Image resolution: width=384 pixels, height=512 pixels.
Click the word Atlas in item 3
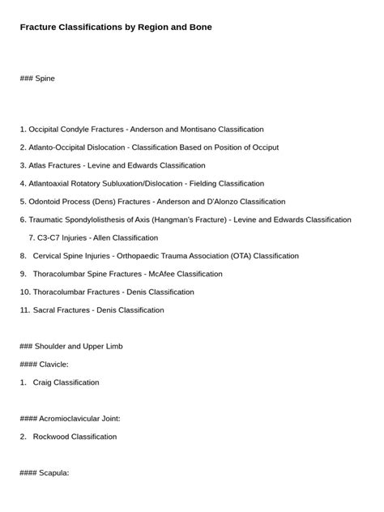tap(38, 165)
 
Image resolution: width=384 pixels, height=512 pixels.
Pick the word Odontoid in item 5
tap(45, 202)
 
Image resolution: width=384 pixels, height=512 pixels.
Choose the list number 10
tap(25, 292)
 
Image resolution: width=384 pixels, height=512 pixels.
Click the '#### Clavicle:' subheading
tap(45, 365)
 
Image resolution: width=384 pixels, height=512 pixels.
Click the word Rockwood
tap(51, 437)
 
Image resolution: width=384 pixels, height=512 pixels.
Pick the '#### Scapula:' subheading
tap(45, 473)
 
